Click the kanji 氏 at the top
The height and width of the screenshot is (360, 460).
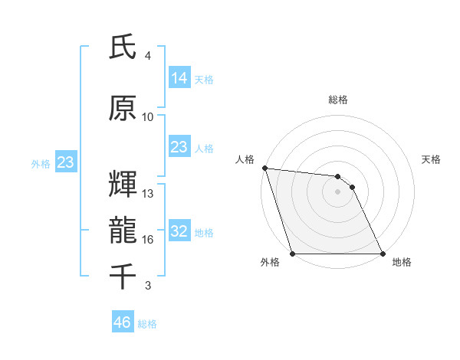(123, 47)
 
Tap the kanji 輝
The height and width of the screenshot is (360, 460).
(123, 185)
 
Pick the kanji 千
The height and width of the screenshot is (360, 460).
(123, 277)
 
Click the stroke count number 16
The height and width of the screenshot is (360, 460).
(148, 240)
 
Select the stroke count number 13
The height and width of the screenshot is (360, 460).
(148, 194)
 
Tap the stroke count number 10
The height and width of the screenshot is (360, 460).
(148, 117)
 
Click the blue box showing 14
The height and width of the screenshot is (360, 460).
(179, 78)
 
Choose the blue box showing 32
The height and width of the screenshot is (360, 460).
(179, 231)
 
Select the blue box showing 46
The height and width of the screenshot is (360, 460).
(122, 322)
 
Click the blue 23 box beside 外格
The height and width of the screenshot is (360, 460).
(65, 162)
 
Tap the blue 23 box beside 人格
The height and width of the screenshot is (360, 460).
(179, 147)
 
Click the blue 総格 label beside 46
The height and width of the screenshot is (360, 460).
(147, 324)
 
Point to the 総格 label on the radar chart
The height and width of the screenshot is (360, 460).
(337, 100)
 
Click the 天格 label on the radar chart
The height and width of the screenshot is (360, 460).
(432, 159)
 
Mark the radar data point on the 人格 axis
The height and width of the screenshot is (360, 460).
(264, 168)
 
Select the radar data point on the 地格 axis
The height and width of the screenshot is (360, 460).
(383, 254)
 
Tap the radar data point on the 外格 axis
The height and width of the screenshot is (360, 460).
(292, 254)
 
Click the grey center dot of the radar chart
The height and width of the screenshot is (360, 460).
(337, 191)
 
